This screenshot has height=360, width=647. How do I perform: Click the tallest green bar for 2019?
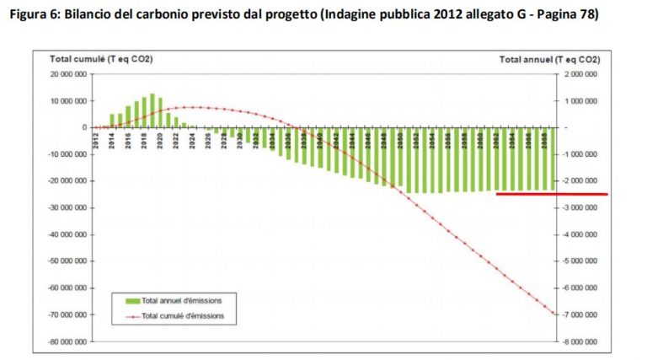coord(152,110)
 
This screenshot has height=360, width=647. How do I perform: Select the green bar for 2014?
coord(112,121)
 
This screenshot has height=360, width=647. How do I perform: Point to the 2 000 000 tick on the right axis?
coord(582,74)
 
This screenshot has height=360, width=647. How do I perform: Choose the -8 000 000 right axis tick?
coord(581,342)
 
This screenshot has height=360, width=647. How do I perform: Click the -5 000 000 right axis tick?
coord(581,261)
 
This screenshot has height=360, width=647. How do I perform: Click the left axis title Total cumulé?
coord(101,60)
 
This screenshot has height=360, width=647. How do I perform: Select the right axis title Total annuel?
coord(549,60)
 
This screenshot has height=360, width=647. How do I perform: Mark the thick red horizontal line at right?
coord(551,194)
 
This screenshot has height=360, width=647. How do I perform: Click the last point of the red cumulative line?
coord(553,314)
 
